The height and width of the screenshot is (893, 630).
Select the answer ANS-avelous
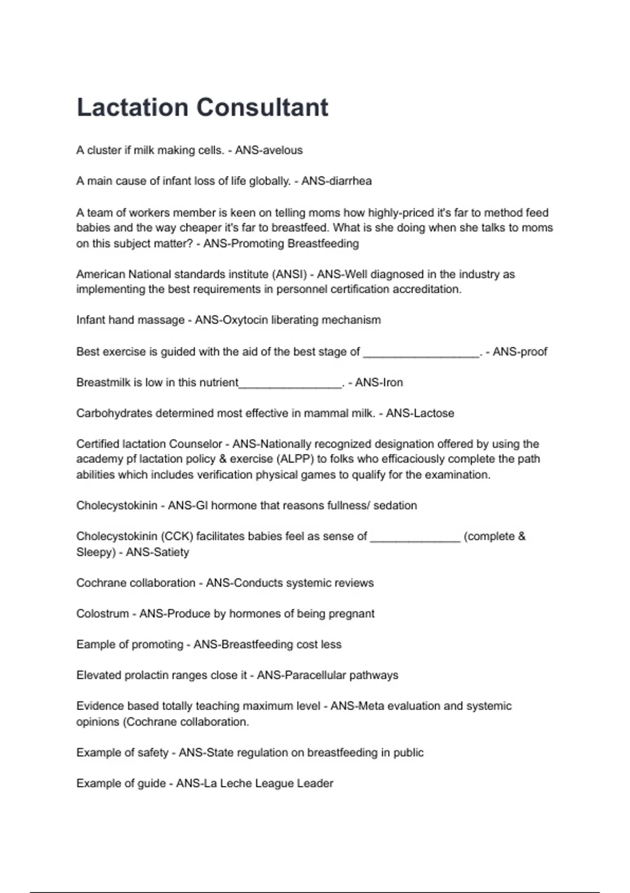tap(269, 150)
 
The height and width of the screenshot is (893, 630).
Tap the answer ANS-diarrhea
tap(337, 181)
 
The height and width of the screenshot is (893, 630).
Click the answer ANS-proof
tap(520, 352)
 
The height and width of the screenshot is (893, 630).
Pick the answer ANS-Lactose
tap(420, 413)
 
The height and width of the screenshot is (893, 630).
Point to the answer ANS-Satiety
tap(157, 552)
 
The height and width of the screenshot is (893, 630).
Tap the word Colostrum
tap(102, 614)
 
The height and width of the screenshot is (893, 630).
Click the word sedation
tap(396, 505)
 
